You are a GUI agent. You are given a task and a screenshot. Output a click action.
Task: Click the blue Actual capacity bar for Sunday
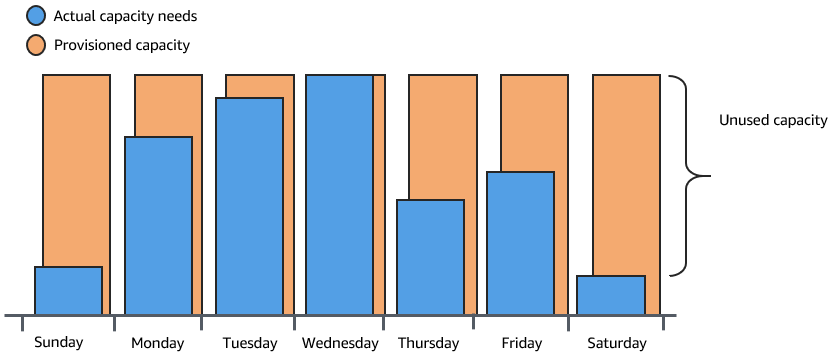pos(68,291)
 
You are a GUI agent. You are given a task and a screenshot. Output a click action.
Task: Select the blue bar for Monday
pos(158,226)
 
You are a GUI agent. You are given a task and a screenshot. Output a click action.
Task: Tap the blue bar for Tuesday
pos(249,206)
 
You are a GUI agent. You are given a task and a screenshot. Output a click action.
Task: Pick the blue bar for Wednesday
pos(339,195)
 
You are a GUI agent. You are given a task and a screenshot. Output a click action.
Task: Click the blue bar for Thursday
pos(430,258)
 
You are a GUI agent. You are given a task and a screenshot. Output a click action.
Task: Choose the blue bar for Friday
pos(520,244)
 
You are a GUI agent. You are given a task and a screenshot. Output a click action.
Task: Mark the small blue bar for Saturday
pos(611,295)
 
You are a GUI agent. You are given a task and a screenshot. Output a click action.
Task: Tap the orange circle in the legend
pos(36,45)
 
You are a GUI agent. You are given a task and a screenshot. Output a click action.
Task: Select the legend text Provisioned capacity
pos(123,45)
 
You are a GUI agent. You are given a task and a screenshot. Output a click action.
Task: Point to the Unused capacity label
pos(773,120)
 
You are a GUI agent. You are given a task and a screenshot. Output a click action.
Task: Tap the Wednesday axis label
pos(340,343)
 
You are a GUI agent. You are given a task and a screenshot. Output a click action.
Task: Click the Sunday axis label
pos(59,343)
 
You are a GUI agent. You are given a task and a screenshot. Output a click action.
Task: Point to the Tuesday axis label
pos(249,343)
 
